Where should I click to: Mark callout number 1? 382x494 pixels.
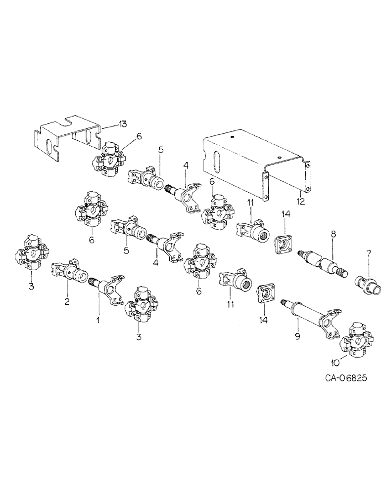[x=97, y=320]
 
